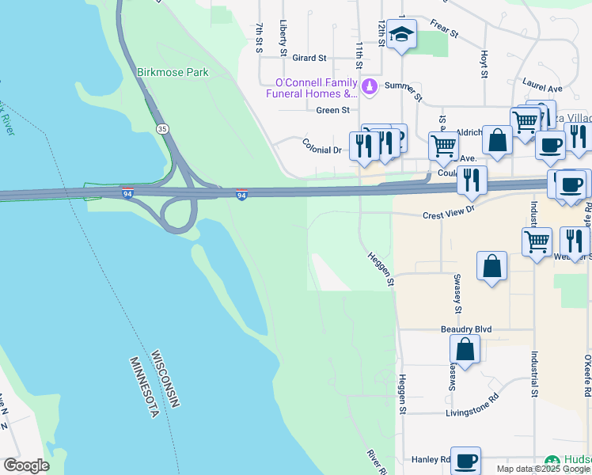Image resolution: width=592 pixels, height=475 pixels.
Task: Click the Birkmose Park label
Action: [x=173, y=72]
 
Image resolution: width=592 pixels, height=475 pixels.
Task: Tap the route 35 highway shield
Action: [x=162, y=128]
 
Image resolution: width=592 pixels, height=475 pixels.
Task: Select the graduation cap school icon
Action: [x=401, y=35]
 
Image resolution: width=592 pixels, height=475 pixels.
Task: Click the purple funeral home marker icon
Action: [x=368, y=85]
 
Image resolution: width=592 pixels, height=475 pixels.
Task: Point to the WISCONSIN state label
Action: [x=165, y=379]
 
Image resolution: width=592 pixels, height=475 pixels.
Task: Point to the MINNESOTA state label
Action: [x=145, y=387]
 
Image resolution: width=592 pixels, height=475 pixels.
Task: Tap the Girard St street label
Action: [x=309, y=58]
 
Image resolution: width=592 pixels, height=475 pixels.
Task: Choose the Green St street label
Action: [x=332, y=110]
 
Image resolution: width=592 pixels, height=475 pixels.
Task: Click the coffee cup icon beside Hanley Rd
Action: [x=466, y=459]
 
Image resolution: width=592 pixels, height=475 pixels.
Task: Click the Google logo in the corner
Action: [x=26, y=465]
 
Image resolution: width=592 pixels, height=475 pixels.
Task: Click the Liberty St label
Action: [x=283, y=39]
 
